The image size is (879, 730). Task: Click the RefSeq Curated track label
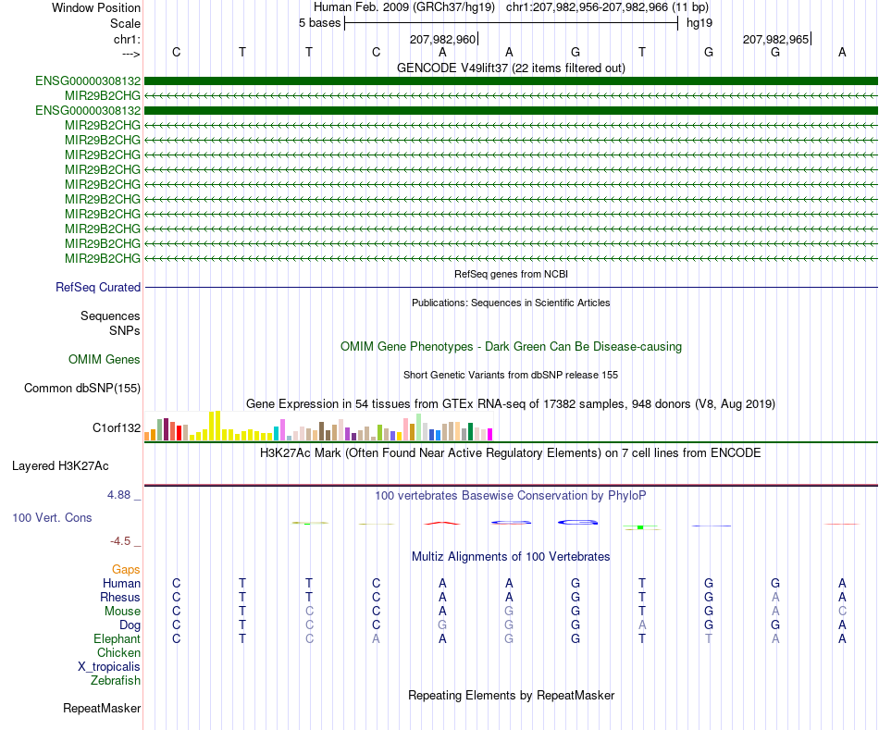[x=98, y=287]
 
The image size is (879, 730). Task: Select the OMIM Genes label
[x=105, y=359]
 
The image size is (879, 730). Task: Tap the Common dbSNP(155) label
[x=82, y=388]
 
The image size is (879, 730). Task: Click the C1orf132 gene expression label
[x=117, y=427]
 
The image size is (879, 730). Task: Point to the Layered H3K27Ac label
[x=60, y=466]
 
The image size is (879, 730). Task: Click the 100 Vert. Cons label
[x=52, y=517]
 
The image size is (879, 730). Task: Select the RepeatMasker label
[x=102, y=708]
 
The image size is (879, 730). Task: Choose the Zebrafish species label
[x=116, y=680]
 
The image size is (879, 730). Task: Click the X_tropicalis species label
[x=109, y=667]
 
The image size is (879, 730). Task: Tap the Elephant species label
[x=118, y=638]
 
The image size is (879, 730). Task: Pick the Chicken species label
[x=118, y=652]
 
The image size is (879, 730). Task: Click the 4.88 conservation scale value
[x=118, y=494]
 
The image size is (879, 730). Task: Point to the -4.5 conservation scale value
[x=120, y=541]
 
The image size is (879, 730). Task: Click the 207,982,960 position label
[x=442, y=39]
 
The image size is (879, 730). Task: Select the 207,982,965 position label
[x=775, y=39]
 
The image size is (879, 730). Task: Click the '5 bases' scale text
[x=319, y=23]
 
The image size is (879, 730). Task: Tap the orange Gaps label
[x=126, y=569]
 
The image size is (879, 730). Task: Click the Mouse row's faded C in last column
[x=842, y=612]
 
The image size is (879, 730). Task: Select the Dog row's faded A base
[x=642, y=625]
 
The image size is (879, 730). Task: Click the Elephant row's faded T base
[x=709, y=638]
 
